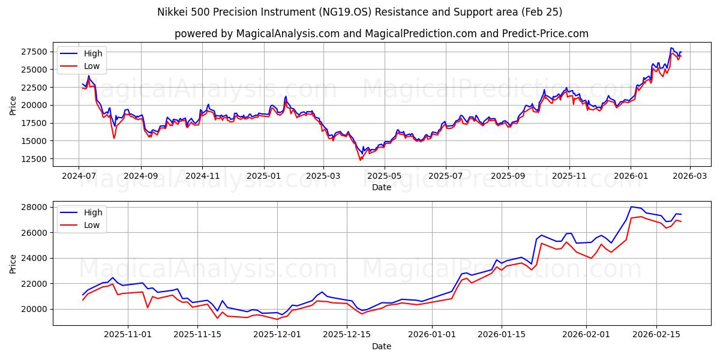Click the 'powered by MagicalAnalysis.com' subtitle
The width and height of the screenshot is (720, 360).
(381, 34)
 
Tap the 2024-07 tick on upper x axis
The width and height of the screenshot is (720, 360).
(79, 176)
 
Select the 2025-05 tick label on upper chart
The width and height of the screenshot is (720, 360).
(385, 176)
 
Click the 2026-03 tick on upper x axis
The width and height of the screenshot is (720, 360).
(689, 176)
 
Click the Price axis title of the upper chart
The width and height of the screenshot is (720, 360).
(13, 105)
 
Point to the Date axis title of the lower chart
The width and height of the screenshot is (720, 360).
(381, 346)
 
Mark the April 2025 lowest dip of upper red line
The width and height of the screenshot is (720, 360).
(361, 160)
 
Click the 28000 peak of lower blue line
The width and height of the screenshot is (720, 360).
(631, 207)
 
